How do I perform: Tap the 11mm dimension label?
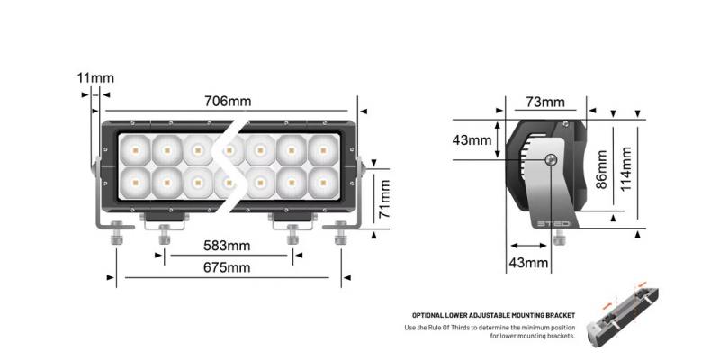tap(95, 78)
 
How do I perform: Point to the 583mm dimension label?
tap(226, 246)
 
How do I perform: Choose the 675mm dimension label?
tap(226, 267)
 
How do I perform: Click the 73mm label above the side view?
tap(544, 102)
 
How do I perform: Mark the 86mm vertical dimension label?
tap(603, 166)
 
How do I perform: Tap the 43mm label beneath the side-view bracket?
tap(529, 263)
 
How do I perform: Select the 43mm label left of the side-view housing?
tap(472, 140)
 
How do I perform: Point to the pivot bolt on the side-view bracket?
tap(551, 160)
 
